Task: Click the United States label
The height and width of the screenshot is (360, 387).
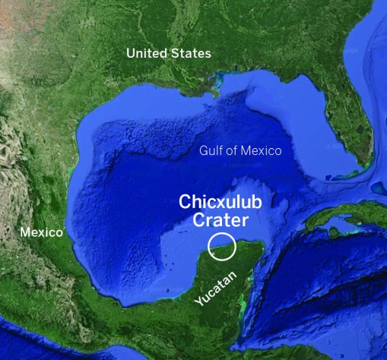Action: (x=169, y=53)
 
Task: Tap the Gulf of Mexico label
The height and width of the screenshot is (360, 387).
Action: (x=240, y=150)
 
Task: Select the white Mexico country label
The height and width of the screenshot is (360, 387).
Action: (x=42, y=232)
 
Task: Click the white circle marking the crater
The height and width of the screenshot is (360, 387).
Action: (x=224, y=247)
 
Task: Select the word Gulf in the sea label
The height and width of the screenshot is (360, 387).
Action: (x=211, y=150)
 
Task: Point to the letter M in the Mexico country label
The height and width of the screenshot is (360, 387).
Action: (x=27, y=232)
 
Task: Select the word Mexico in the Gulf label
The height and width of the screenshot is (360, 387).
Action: (x=262, y=150)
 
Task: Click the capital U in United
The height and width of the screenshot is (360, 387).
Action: (x=131, y=53)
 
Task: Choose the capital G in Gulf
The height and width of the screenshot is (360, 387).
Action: (x=203, y=150)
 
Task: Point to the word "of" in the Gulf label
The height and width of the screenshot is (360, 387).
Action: (x=232, y=150)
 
